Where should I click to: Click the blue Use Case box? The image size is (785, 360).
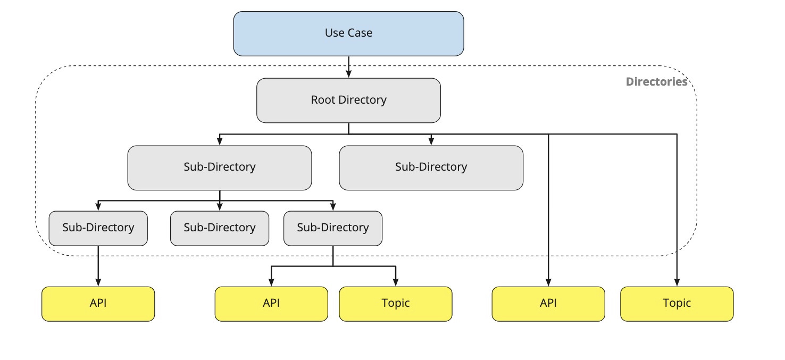pos(348,33)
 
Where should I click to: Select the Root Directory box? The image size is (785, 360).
pos(348,100)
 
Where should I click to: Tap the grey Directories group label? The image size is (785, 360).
pos(656,82)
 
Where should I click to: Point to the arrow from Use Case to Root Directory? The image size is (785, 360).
pos(348,66)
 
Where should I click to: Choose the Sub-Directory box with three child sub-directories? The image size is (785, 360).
pos(219,168)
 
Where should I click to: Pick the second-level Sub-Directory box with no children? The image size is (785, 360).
pos(431,168)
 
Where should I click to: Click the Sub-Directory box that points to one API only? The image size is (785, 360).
pos(98,228)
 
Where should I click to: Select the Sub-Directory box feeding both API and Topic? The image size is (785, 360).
pos(332,228)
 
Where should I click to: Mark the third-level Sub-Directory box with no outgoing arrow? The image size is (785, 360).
pos(219,228)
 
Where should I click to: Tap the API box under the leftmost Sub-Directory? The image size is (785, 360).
pos(98,304)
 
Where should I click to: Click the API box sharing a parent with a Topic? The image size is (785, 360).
pos(271,304)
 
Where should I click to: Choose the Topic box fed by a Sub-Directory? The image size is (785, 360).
pos(395,304)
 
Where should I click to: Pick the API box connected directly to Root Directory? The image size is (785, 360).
pos(548,304)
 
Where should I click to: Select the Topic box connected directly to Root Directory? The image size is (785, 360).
pos(677,304)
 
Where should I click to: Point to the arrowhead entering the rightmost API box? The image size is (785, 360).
pos(548,283)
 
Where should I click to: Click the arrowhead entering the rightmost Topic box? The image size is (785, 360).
pos(677,283)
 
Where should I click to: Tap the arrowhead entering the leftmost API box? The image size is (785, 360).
pos(98,283)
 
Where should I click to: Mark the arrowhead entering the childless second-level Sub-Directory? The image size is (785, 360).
pos(431,142)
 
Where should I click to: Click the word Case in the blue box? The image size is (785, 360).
pos(360,33)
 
